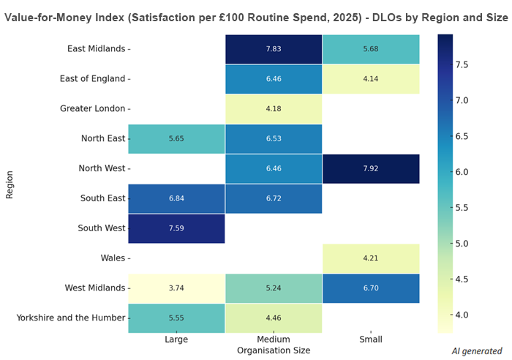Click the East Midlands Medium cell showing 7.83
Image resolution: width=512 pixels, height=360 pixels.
click(x=274, y=48)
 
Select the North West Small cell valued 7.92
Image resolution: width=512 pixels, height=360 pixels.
click(x=371, y=168)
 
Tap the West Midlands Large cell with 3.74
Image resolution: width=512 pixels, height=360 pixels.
click(x=176, y=288)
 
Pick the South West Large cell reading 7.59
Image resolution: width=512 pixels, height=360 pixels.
click(x=176, y=228)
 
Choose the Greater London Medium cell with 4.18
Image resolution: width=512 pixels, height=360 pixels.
click(x=274, y=108)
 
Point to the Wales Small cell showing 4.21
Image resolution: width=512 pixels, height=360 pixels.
click(x=371, y=258)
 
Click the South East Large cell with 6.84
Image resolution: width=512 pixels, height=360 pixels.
click(x=176, y=198)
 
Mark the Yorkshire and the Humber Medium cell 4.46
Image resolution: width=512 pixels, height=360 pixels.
click(x=274, y=318)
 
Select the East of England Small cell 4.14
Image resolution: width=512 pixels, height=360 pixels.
click(x=371, y=78)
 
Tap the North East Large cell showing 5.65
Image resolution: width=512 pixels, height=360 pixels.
click(x=176, y=138)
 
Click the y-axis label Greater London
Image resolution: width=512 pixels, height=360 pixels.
click(x=93, y=108)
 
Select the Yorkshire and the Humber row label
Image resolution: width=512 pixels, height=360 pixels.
click(x=70, y=318)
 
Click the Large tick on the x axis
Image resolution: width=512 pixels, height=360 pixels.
click(x=176, y=340)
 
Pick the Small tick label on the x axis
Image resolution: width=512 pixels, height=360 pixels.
click(x=371, y=340)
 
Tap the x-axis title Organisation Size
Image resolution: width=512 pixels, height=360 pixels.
click(x=274, y=350)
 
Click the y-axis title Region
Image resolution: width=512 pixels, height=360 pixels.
click(x=10, y=183)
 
